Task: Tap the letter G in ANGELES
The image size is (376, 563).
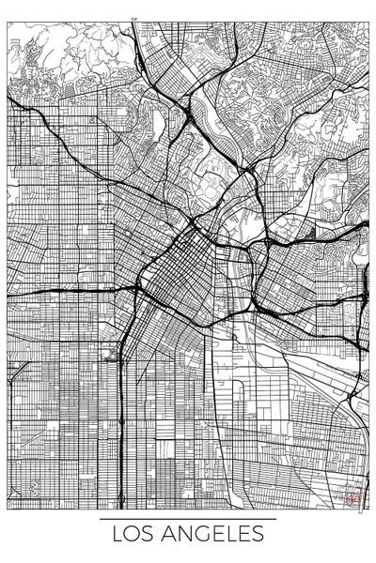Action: pos(200,535)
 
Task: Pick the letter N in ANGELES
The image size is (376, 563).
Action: pos(182,535)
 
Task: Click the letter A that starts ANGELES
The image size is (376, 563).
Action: pos(166,535)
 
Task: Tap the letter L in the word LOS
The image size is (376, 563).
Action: pos(117,535)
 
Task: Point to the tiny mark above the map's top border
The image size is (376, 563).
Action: pos(133,19)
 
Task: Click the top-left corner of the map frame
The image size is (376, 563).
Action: pos(8,23)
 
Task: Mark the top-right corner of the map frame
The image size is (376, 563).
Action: pos(368,23)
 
